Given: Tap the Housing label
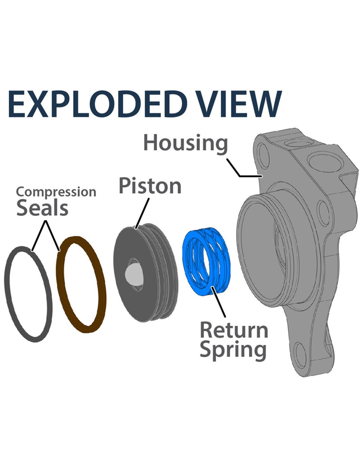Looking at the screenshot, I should [x=185, y=143].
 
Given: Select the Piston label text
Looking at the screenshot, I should [x=150, y=186].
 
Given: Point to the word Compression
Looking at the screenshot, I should [x=56, y=192].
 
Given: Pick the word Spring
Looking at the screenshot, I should [x=233, y=350].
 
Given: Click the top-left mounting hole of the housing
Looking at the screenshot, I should [x=263, y=152].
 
